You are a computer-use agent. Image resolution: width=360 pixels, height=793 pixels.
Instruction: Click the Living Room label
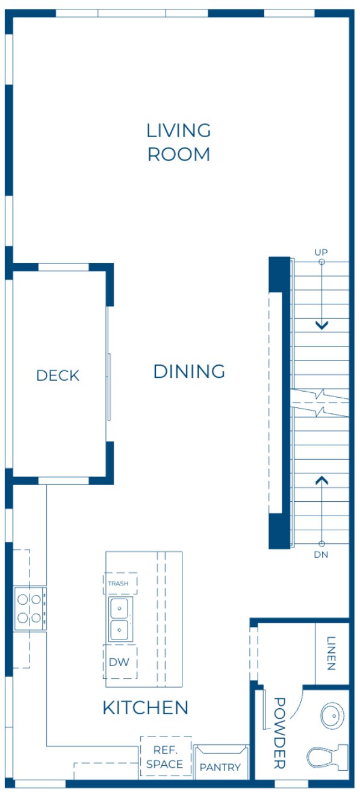[179, 142]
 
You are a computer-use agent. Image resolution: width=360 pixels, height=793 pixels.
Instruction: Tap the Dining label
[189, 371]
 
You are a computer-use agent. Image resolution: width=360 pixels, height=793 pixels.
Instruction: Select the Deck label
[58, 375]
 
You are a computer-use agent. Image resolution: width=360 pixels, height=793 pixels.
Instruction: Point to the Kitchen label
[146, 708]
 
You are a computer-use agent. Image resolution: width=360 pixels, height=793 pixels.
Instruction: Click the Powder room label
[279, 733]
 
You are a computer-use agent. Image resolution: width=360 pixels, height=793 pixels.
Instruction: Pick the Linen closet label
[332, 653]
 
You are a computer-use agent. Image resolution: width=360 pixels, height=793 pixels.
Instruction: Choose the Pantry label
[220, 767]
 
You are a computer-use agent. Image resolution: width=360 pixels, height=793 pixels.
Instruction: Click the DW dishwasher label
[119, 662]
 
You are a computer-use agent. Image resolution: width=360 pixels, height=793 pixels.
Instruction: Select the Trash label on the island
[118, 584]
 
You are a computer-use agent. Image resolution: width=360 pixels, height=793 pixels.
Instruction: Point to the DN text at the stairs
[321, 554]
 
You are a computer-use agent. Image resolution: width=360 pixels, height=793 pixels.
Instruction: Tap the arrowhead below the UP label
[322, 326]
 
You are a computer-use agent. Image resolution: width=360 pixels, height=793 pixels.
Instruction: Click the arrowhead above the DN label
[322, 480]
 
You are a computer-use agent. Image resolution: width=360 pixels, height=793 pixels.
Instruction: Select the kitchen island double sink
[120, 620]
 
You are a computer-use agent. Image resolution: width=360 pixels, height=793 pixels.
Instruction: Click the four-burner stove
[30, 608]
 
